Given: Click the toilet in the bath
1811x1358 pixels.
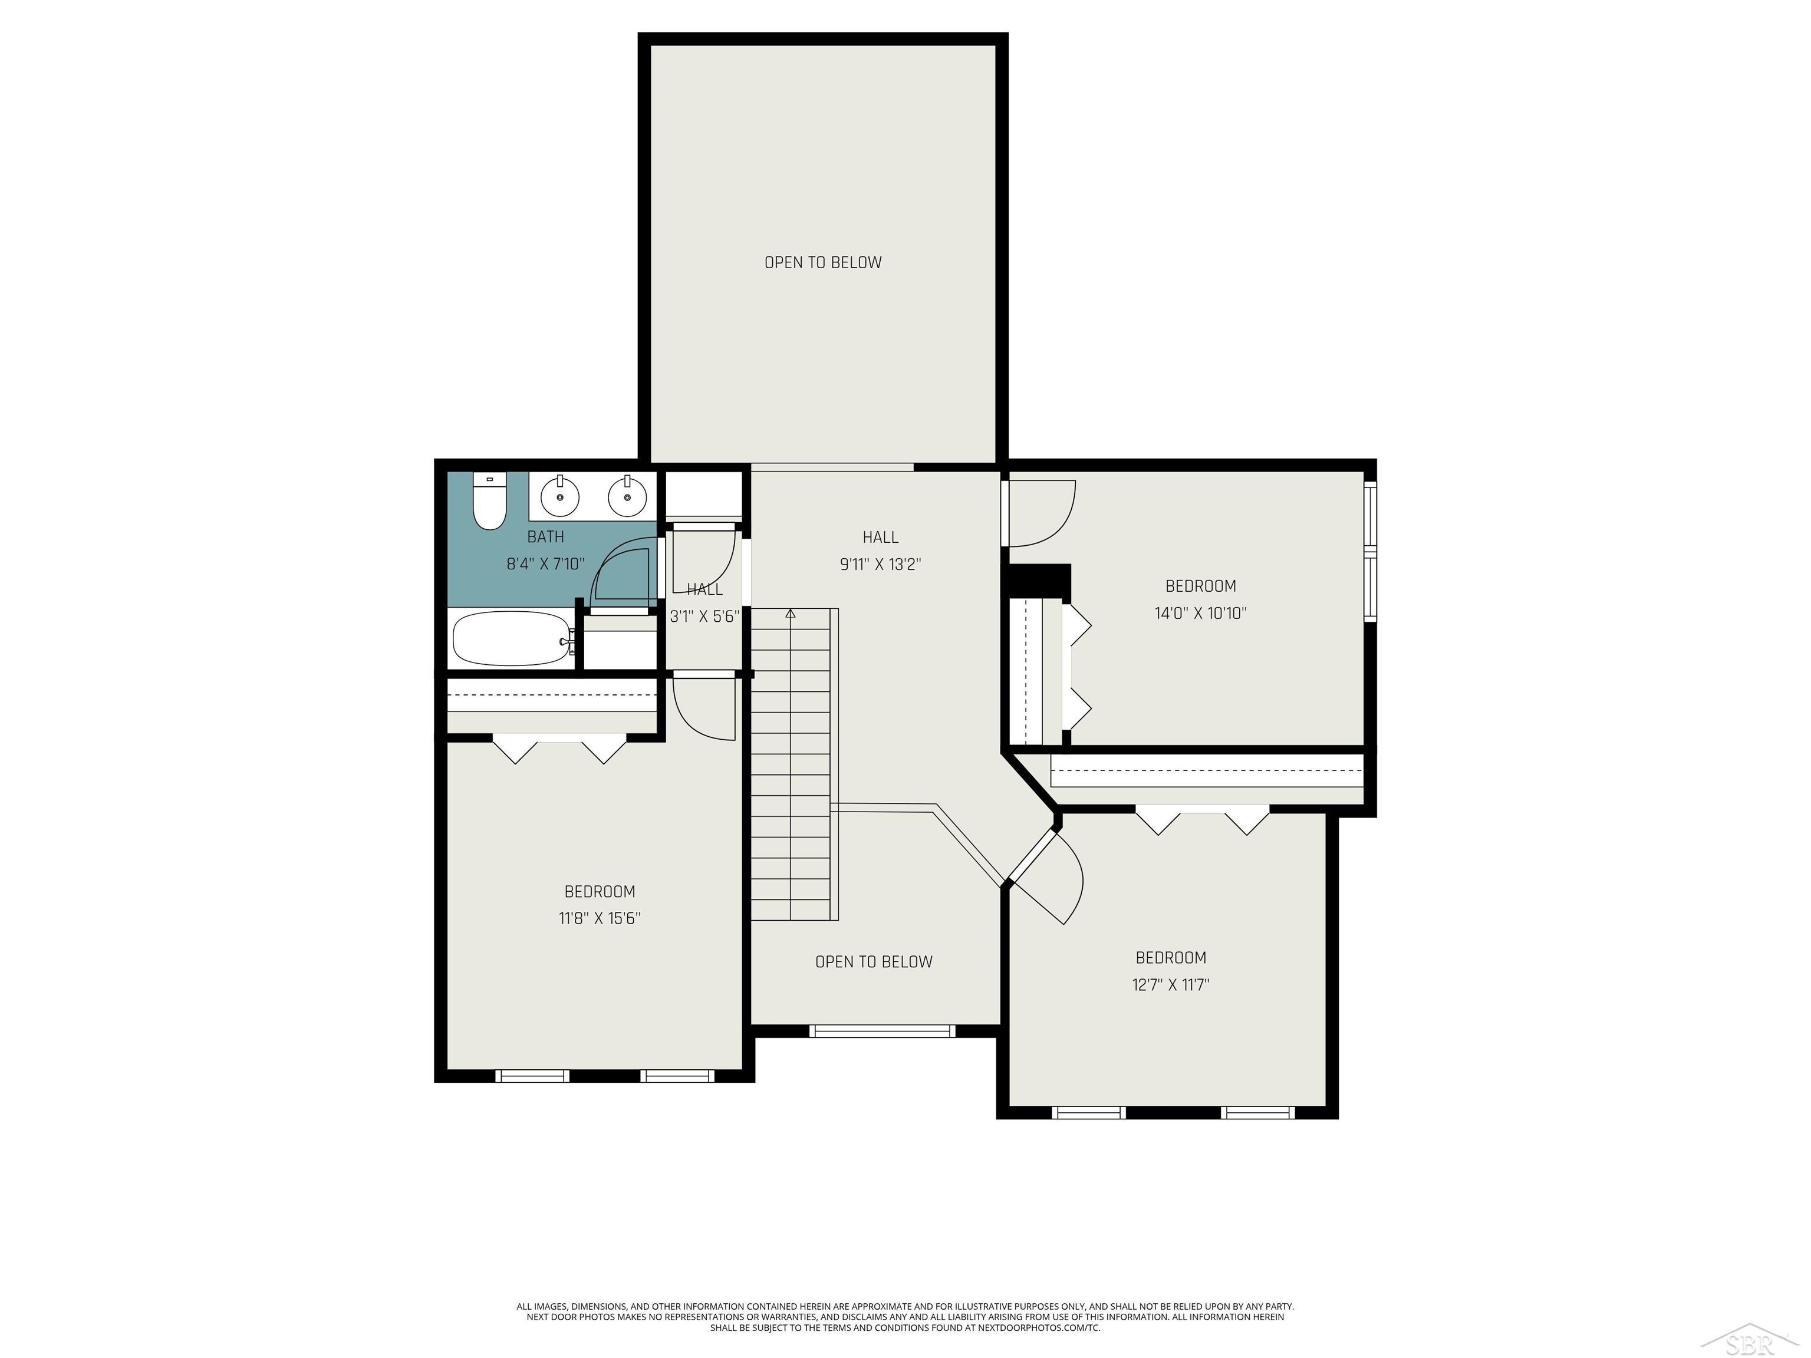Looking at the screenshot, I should [489, 503].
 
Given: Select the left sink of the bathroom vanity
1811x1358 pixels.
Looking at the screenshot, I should [560, 496].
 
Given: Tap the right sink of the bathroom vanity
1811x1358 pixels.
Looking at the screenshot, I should [628, 496].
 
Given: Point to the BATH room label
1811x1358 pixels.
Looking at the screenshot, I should [545, 537].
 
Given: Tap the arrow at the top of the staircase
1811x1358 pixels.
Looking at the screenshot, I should [790, 613].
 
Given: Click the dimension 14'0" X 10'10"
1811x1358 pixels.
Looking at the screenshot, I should [1200, 613].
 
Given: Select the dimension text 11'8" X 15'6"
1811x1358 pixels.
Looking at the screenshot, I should [600, 918].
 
